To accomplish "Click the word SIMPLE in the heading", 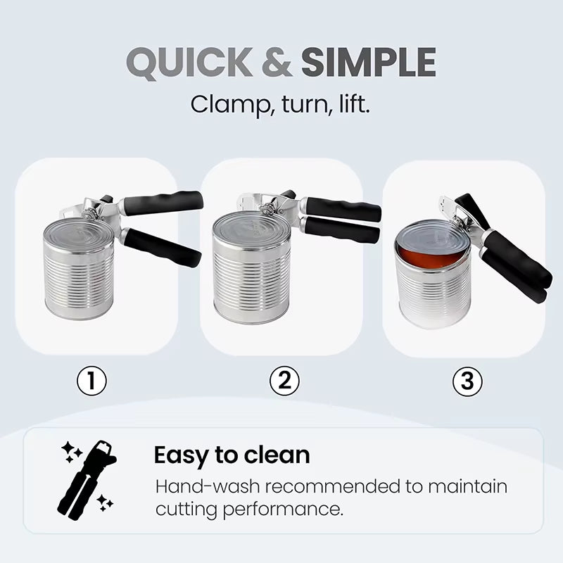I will (368, 63).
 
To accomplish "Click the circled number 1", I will (92, 382).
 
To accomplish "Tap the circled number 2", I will (284, 381).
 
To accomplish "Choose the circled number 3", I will (467, 382).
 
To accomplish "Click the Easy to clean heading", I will (232, 455).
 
